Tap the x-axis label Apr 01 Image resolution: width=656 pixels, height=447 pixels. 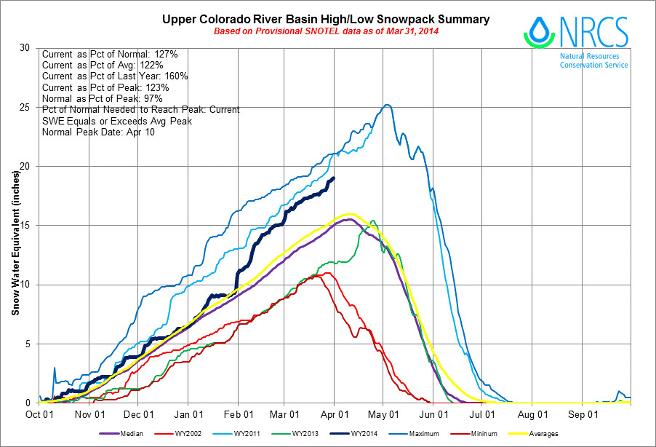pos(333,414)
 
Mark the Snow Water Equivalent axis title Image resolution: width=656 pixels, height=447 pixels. pos(15,225)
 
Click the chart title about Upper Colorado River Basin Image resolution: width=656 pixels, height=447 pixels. pos(325,19)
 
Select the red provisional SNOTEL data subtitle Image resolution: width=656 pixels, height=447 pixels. pos(325,32)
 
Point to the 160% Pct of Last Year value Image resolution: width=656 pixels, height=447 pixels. pos(175,76)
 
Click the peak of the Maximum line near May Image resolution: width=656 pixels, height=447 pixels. pos(387,105)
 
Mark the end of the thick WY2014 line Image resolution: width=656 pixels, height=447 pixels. pos(333,178)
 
